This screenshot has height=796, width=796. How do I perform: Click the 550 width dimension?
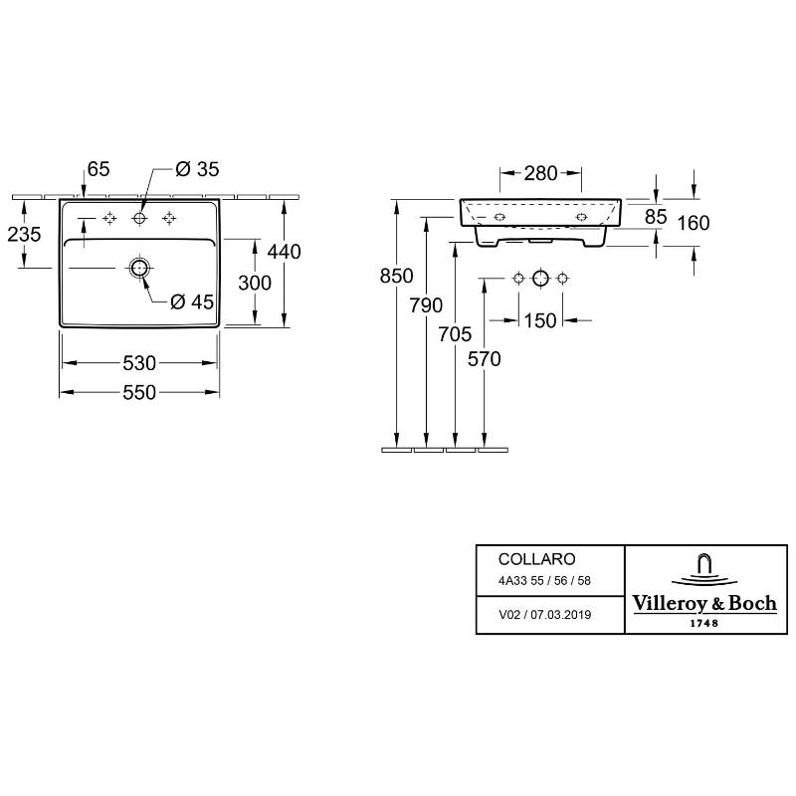(x=139, y=392)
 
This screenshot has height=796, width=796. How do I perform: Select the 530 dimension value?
(x=139, y=363)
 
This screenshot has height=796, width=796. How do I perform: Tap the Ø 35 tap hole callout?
(x=197, y=169)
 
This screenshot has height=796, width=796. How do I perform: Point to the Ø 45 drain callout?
(x=192, y=302)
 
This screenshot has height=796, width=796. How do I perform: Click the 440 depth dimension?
(x=285, y=252)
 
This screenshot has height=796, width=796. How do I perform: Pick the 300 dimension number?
(x=255, y=283)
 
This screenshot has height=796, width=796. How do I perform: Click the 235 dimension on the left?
(x=24, y=234)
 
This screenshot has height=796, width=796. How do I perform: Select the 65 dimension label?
(x=99, y=169)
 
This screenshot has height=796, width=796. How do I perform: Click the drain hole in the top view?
(x=138, y=268)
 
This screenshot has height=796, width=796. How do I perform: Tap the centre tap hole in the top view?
(x=138, y=218)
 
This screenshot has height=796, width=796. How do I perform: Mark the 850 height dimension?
(x=396, y=276)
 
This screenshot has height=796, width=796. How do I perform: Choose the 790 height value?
(x=426, y=305)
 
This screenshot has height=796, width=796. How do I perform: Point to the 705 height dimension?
(x=455, y=334)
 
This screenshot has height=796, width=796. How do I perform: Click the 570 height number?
(x=485, y=359)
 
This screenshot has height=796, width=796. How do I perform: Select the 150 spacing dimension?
(x=540, y=320)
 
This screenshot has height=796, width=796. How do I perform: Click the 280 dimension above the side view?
(x=540, y=173)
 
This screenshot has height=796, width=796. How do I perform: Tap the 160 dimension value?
(x=693, y=223)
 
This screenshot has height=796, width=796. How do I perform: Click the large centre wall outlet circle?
(x=540, y=279)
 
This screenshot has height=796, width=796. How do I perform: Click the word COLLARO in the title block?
(x=536, y=559)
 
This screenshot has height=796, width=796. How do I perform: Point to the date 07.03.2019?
(x=560, y=615)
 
